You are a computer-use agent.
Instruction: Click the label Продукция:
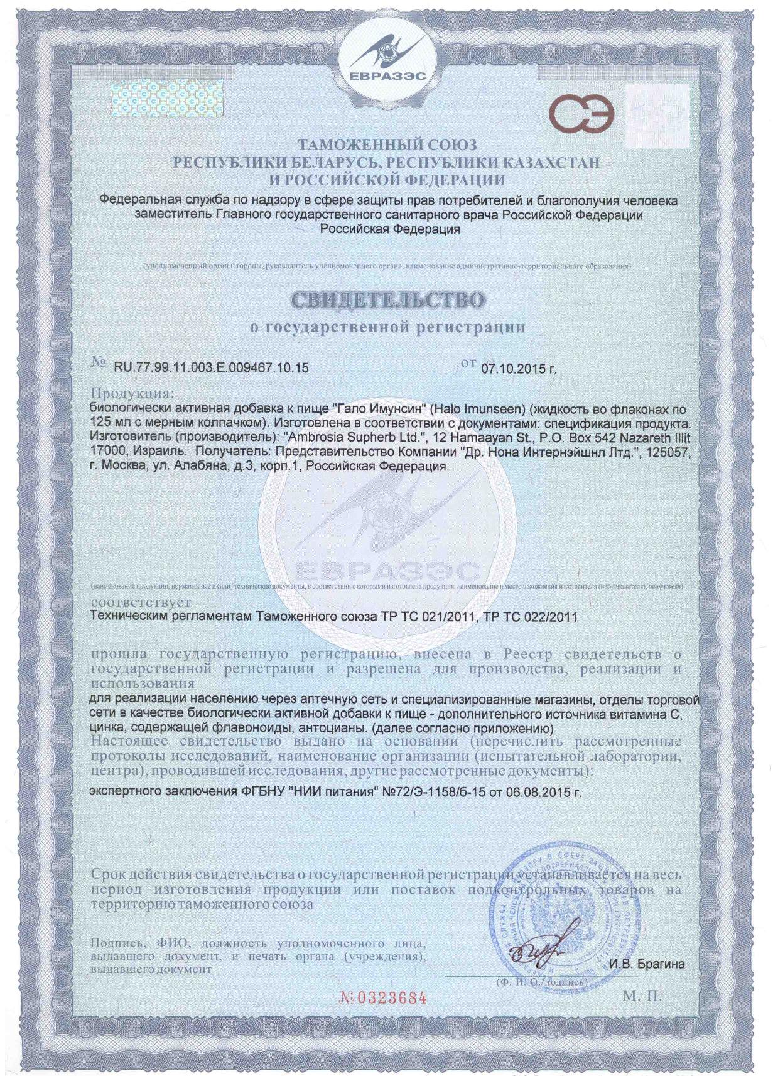(131, 394)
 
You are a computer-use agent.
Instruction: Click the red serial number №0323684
(383, 997)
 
